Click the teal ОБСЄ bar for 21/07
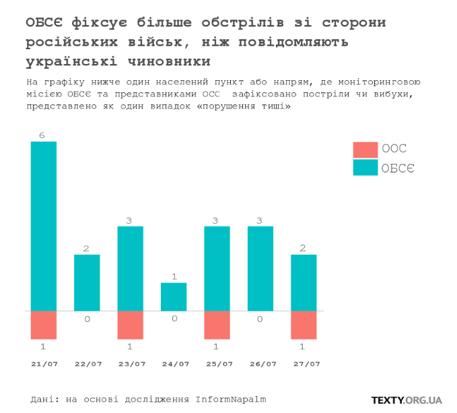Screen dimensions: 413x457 point(44,226)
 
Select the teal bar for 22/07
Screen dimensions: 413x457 point(87,282)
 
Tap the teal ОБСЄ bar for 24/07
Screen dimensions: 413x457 point(174,296)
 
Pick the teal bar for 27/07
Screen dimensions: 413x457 point(304,282)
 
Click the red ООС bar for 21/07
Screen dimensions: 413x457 point(44,325)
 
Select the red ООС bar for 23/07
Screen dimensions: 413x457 point(131,325)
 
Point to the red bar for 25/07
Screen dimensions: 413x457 point(217,325)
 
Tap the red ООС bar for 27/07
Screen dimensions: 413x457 point(304,325)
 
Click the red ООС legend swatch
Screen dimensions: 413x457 point(365,150)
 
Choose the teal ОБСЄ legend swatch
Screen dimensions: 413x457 point(365,168)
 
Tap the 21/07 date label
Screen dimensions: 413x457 point(44,364)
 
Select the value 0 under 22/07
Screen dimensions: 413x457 point(87,319)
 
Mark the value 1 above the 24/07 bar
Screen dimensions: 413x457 point(174,277)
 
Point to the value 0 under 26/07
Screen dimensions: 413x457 point(260,319)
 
